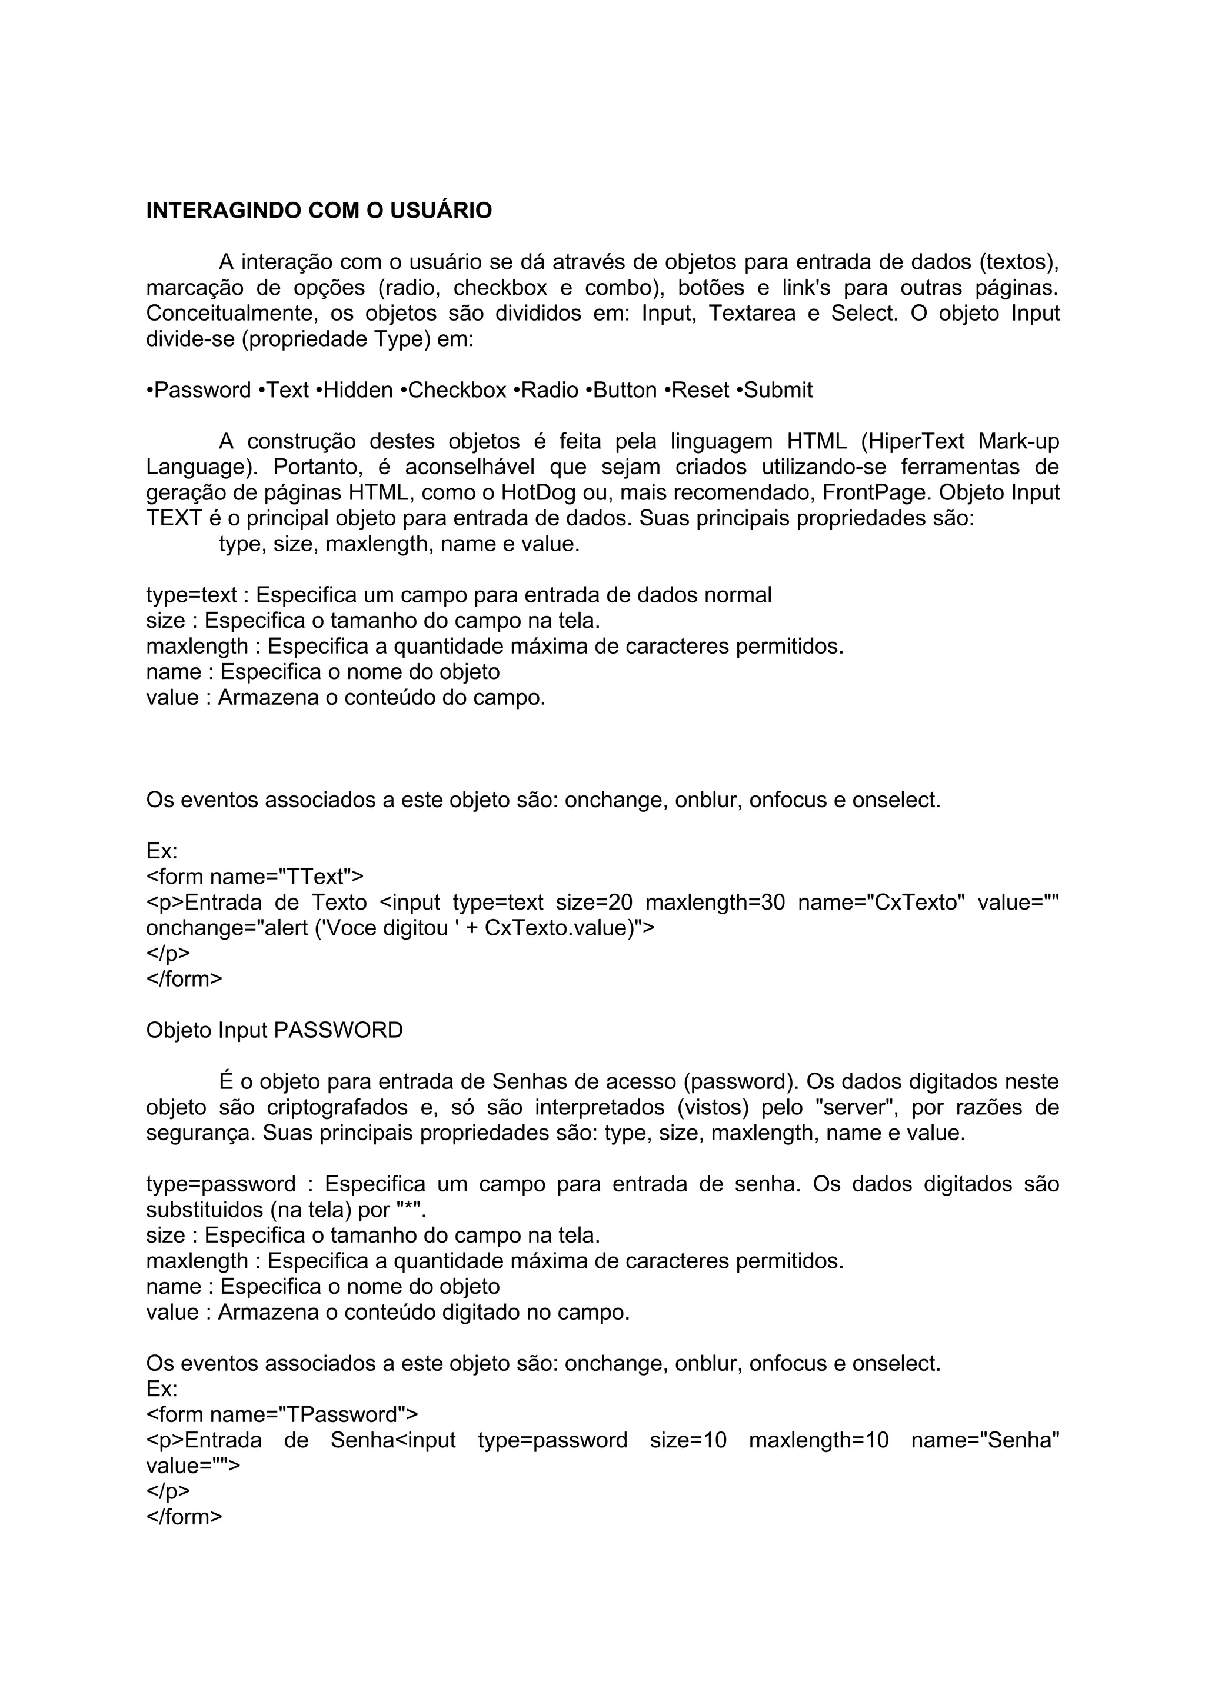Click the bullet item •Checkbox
[x=453, y=390]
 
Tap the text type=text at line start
[x=192, y=595]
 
